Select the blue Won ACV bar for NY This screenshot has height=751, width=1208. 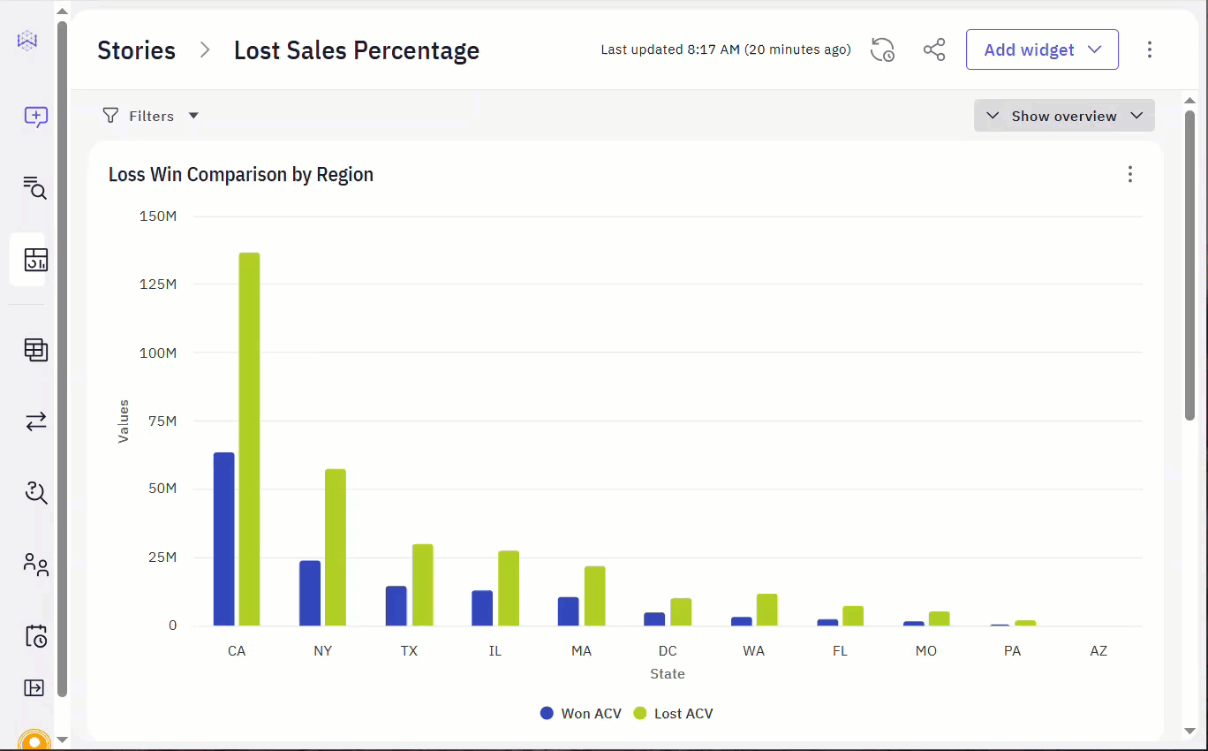[x=310, y=593]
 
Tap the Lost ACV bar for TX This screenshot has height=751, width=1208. [x=422, y=585]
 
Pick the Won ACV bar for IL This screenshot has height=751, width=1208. [x=482, y=608]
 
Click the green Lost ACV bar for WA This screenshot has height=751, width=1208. [x=767, y=610]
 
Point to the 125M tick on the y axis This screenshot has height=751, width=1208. [x=158, y=284]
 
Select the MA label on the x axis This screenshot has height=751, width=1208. [x=581, y=651]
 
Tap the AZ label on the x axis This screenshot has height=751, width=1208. [x=1099, y=651]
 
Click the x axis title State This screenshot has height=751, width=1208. [x=668, y=674]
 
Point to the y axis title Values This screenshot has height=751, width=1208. [x=124, y=421]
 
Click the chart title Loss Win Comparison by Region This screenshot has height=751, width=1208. [x=241, y=175]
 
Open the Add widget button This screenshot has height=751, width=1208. [x=1042, y=49]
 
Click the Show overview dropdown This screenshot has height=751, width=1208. [x=1064, y=116]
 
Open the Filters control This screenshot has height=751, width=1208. [x=150, y=116]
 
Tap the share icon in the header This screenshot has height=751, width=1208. [x=934, y=49]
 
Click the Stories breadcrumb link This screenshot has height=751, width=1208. [x=136, y=50]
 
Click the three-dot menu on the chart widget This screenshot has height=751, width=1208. [x=1130, y=174]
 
